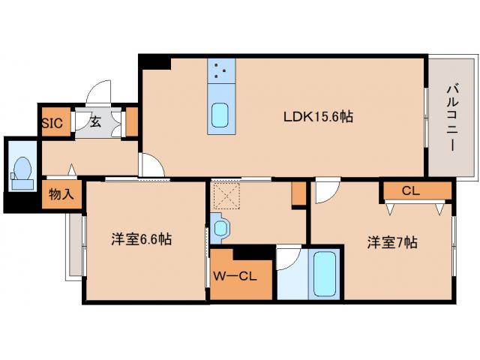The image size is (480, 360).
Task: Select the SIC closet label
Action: (52, 123)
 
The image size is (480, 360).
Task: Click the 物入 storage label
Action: (61, 194)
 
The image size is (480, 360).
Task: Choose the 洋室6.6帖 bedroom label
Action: (142, 239)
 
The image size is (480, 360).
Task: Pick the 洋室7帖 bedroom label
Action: (391, 242)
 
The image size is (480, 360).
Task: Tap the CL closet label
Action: (410, 190)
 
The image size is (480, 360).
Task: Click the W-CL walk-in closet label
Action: (235, 276)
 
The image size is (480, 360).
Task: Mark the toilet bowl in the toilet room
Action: (22, 169)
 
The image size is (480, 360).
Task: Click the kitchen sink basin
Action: (220, 115)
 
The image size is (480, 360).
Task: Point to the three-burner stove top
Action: (220, 72)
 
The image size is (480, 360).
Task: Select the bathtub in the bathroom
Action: (325, 274)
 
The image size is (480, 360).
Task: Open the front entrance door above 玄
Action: (98, 93)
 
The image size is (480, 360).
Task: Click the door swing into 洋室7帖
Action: (326, 192)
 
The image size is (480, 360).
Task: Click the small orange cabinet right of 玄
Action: (131, 121)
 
